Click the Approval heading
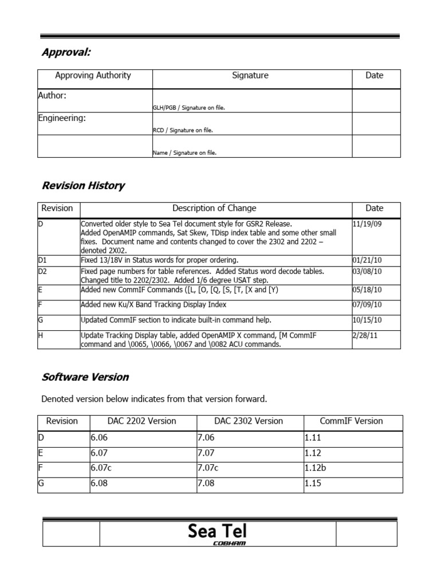point(66,53)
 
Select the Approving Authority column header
point(93,76)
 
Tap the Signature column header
point(250,76)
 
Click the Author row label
point(52,96)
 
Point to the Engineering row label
point(62,118)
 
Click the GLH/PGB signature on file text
point(192,107)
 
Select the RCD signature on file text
point(183,130)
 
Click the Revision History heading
point(83,186)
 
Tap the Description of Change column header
point(214,209)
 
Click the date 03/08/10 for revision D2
point(367,271)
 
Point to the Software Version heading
point(85,377)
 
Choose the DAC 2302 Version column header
point(249,421)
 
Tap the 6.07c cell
point(101,468)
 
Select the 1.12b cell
point(315,468)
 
